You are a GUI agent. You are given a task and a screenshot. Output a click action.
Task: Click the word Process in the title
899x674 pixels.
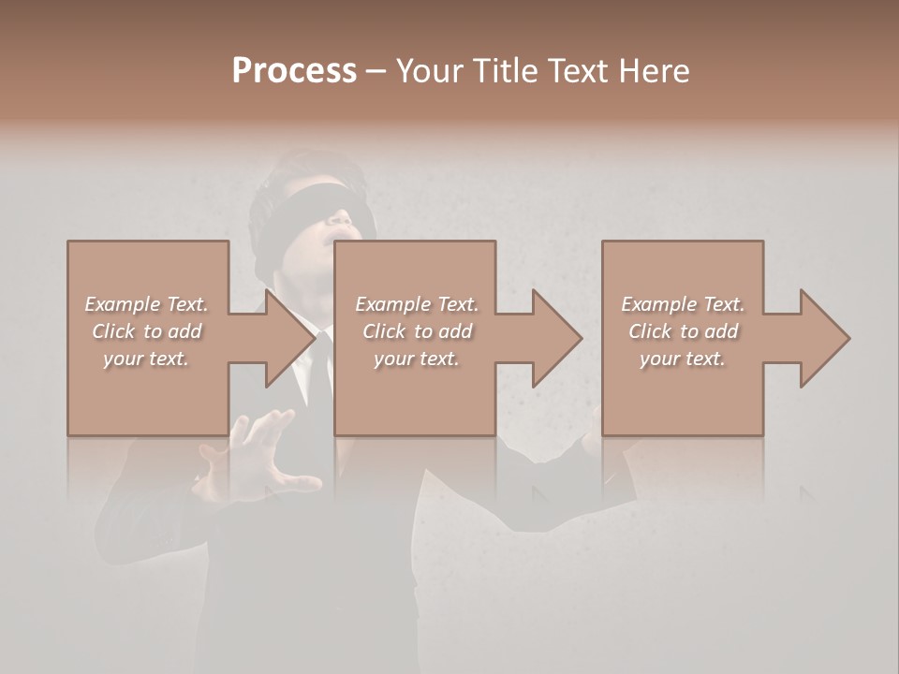pyautogui.click(x=294, y=71)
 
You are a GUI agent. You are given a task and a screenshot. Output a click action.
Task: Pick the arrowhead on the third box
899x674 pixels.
pyautogui.click(x=823, y=338)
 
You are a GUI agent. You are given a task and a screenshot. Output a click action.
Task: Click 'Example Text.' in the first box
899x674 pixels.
pyautogui.click(x=146, y=304)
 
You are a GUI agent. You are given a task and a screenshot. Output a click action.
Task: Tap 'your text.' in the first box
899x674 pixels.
pyautogui.click(x=146, y=359)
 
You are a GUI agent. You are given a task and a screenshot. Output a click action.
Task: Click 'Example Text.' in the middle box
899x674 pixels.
pyautogui.click(x=417, y=304)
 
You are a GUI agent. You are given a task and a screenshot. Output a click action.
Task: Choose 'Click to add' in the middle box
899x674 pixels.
pyautogui.click(x=417, y=331)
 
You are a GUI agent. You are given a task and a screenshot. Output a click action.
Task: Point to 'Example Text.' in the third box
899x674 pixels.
pyautogui.click(x=683, y=304)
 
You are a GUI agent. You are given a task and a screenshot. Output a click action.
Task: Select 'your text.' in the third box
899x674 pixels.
pyautogui.click(x=683, y=359)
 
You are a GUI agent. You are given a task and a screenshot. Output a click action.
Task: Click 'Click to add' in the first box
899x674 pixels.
pyautogui.click(x=146, y=331)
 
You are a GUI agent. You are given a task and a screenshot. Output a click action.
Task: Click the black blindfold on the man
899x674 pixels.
pyautogui.click(x=309, y=203)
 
